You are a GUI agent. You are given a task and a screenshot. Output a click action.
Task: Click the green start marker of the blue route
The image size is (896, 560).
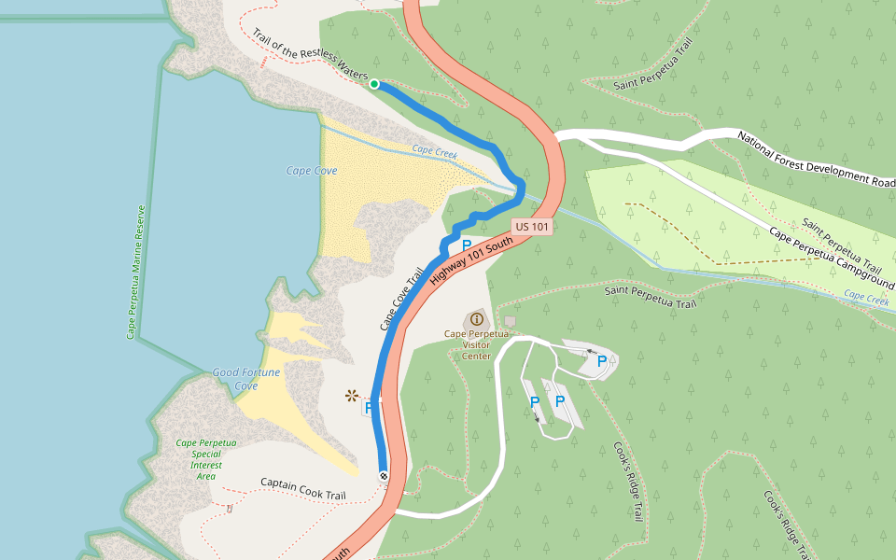click(374, 84)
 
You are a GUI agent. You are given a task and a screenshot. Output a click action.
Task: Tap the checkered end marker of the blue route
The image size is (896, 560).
click(384, 476)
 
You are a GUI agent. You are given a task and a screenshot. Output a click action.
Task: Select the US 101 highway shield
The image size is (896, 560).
click(532, 227)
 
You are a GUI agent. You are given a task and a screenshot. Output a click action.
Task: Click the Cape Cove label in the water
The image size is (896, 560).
click(311, 171)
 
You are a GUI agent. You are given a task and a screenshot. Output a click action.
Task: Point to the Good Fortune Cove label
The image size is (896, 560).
click(245, 379)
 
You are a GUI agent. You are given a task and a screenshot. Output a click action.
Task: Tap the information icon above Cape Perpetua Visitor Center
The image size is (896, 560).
click(477, 319)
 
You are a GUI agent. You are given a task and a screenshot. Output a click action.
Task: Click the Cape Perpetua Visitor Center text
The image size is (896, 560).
click(476, 343)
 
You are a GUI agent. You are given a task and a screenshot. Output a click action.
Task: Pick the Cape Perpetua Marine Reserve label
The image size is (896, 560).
click(135, 272)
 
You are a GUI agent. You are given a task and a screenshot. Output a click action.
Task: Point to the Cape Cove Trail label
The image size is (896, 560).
click(401, 299)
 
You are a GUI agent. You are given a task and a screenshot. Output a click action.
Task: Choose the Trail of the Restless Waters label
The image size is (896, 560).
click(311, 56)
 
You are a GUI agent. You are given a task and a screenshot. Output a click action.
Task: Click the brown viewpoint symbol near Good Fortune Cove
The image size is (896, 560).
click(352, 396)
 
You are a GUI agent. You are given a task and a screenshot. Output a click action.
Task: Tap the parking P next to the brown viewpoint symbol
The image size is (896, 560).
click(369, 407)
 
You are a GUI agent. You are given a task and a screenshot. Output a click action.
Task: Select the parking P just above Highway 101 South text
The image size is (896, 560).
click(466, 245)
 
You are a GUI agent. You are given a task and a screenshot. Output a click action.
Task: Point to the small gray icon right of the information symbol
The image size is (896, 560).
click(510, 321)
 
